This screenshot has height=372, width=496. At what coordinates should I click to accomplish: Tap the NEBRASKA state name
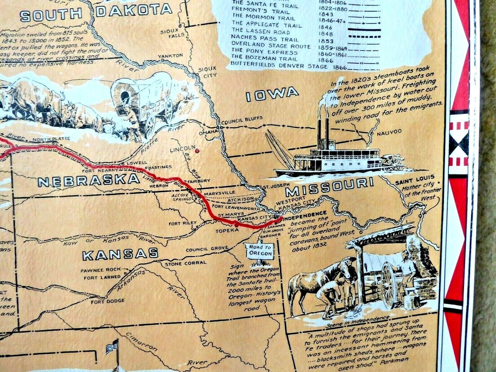click(88, 180)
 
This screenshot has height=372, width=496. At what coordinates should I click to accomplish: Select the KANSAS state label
click(120, 254)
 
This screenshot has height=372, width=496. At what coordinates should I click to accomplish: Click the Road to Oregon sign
click(259, 250)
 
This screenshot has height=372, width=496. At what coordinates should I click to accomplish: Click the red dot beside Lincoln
click(197, 150)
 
